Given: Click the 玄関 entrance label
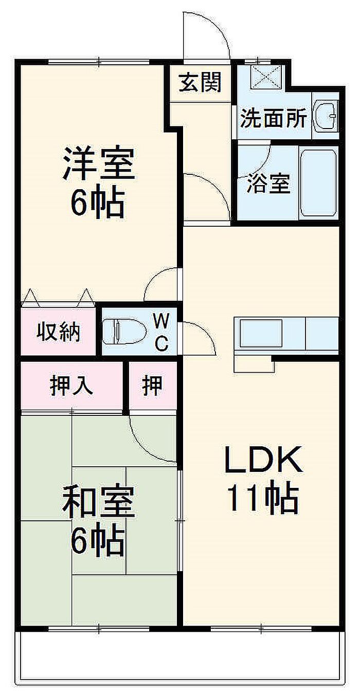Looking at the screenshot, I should click(201, 82).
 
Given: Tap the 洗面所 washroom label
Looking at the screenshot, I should click(274, 119).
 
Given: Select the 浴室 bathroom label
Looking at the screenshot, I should click(268, 184).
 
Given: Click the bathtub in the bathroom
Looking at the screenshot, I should click(318, 183).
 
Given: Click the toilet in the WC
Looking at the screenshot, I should click(123, 331).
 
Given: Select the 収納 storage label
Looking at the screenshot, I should click(59, 332).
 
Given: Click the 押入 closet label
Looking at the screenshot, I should click(71, 385).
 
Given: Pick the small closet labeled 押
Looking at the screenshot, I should click(152, 385).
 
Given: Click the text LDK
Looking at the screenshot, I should click(262, 461).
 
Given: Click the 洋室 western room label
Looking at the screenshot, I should click(99, 163).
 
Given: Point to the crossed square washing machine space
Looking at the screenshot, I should click(266, 76).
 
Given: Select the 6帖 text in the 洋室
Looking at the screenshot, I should click(97, 203).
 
